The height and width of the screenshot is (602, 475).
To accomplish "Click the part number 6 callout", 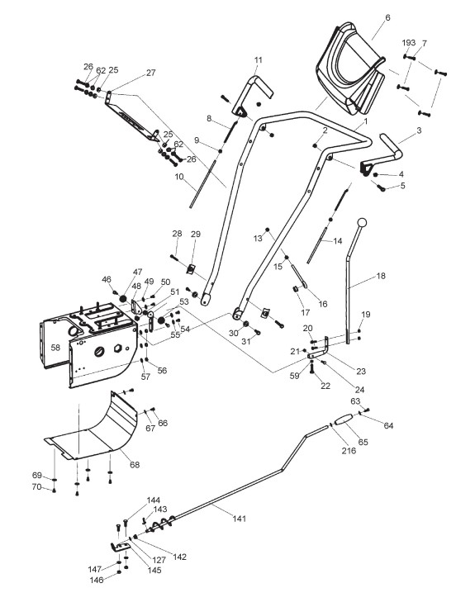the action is point(387,17).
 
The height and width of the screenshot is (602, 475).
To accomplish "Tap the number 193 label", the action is point(409,43).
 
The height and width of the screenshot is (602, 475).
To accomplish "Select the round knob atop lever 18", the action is point(362,223).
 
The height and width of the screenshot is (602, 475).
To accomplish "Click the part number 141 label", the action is point(239,519).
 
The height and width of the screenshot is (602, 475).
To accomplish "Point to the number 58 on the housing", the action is point(55,348).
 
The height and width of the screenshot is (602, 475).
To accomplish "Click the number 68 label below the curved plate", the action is point(135,465).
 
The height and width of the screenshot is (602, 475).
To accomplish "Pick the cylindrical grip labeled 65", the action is point(344,420).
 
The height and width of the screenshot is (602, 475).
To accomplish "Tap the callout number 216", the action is point(349,451).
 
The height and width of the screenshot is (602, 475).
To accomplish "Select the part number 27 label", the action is point(151,73).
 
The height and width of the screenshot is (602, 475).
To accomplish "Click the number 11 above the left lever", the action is point(258,60).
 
